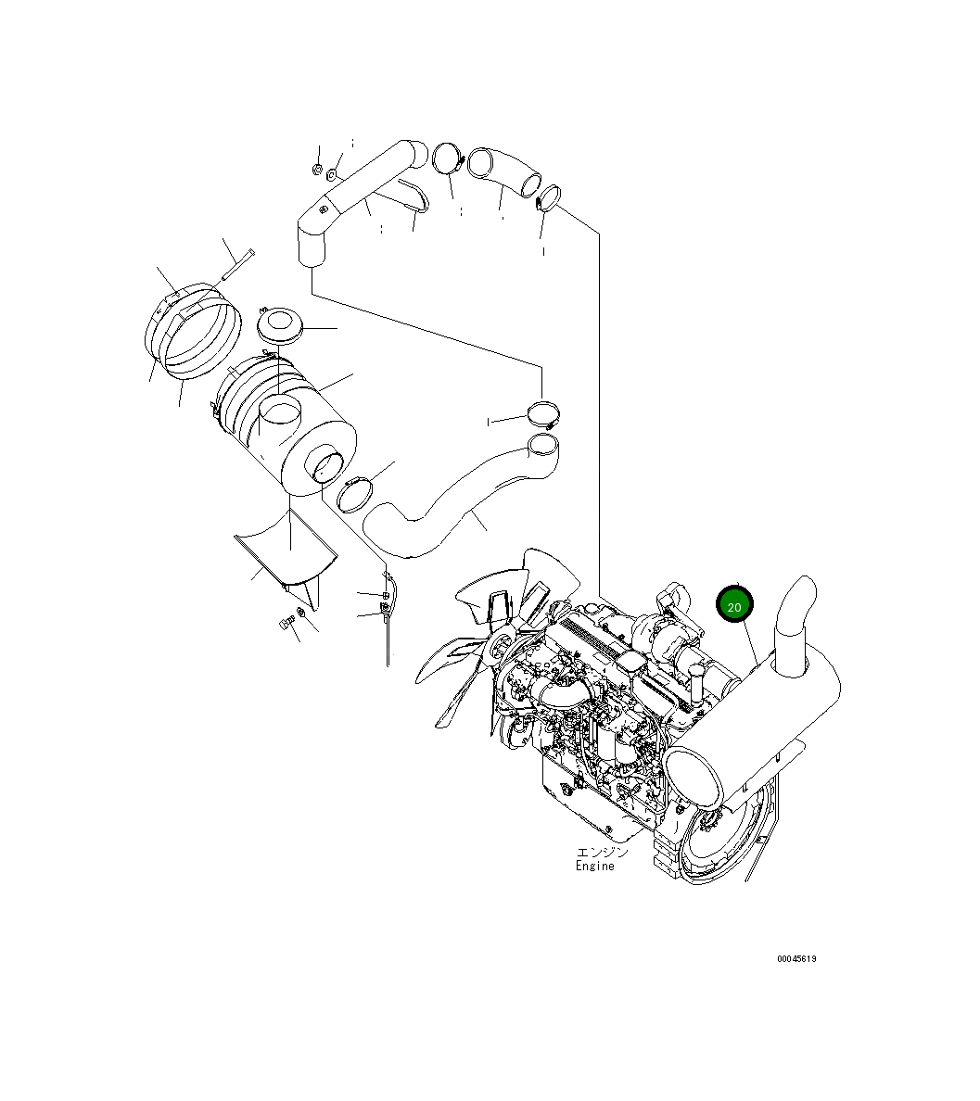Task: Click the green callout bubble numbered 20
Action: [x=734, y=604]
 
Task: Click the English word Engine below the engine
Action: [x=594, y=867]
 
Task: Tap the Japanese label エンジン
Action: [x=602, y=853]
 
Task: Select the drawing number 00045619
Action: [x=796, y=958]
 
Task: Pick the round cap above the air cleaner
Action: [x=280, y=326]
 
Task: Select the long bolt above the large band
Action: [x=238, y=264]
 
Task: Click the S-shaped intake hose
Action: [x=460, y=502]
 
